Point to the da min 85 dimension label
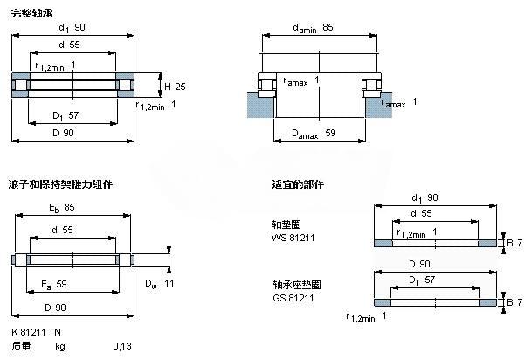pyautogui.click(x=319, y=28)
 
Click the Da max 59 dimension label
pyautogui.click(x=318, y=134)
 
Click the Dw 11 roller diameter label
pyautogui.click(x=161, y=283)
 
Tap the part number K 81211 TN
pyautogui.click(x=38, y=332)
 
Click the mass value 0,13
pyautogui.click(x=121, y=346)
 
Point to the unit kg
pyautogui.click(x=60, y=346)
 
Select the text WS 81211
pyautogui.click(x=291, y=237)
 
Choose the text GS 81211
pyautogui.click(x=291, y=298)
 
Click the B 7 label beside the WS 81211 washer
pyautogui.click(x=514, y=241)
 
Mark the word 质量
pyautogui.click(x=21, y=346)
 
